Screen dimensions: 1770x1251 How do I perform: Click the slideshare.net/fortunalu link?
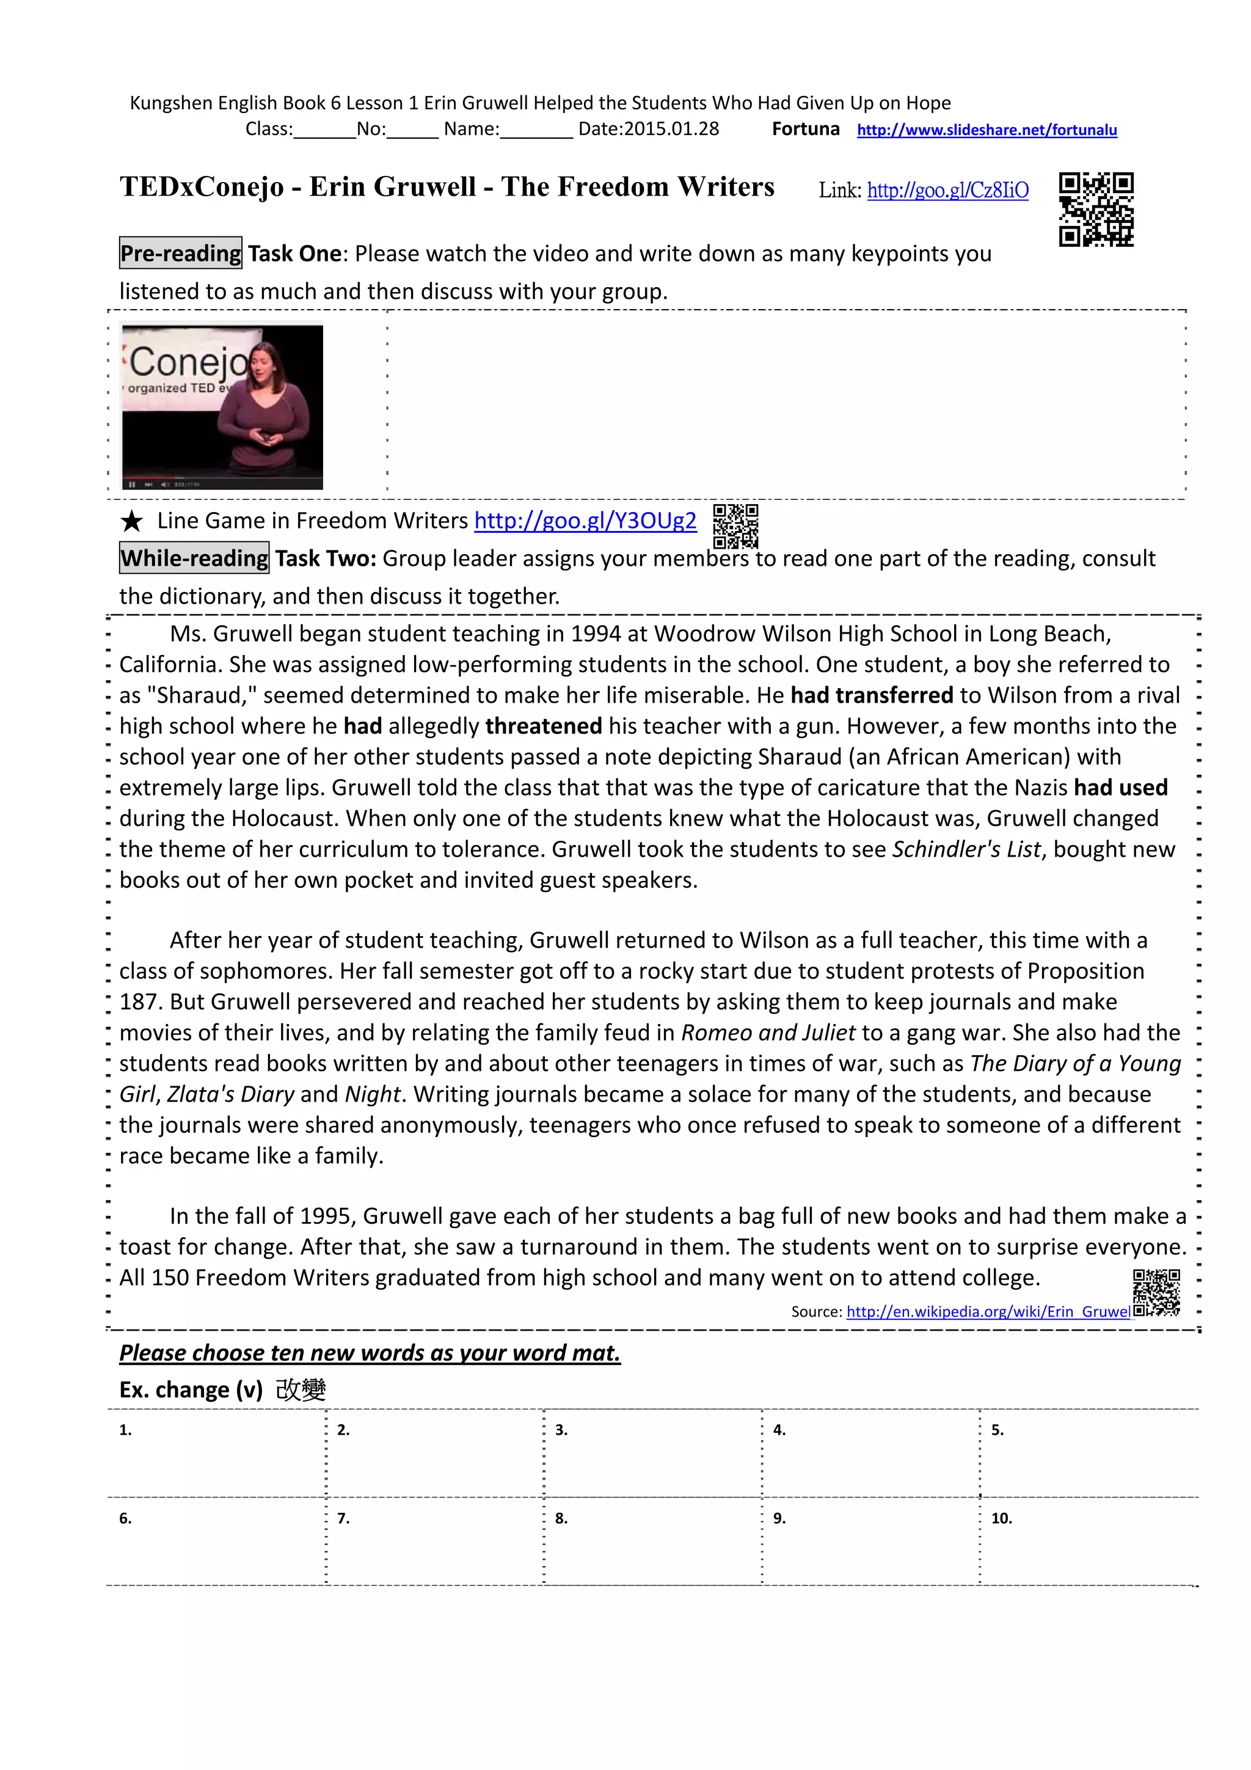[x=986, y=130]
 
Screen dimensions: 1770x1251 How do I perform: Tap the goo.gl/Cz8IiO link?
[x=947, y=191]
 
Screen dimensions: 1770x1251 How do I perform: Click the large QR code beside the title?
[x=1095, y=209]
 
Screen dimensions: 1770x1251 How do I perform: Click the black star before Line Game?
[x=132, y=522]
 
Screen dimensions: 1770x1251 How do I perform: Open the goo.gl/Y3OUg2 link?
[x=585, y=521]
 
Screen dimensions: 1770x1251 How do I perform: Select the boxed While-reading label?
[x=194, y=558]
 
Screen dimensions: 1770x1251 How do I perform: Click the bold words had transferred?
[x=871, y=695]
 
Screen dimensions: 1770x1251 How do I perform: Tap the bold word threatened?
[x=544, y=726]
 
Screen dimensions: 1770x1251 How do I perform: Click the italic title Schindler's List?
[x=966, y=849]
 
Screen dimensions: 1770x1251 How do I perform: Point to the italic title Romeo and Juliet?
[x=768, y=1033]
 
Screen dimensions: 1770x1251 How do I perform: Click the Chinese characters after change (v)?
[x=301, y=1390]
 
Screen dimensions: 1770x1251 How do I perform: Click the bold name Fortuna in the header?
[x=806, y=130]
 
